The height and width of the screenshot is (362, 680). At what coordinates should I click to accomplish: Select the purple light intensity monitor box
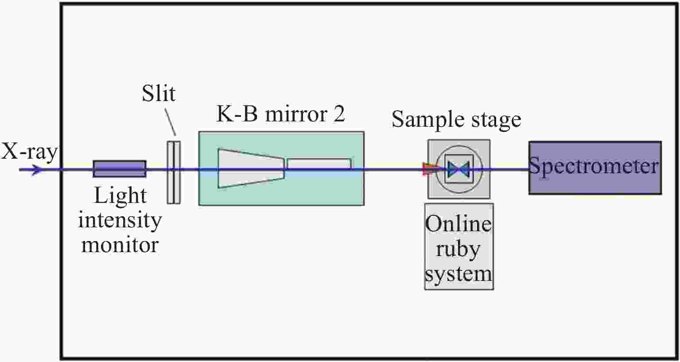119,169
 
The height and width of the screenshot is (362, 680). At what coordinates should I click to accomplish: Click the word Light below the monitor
120,196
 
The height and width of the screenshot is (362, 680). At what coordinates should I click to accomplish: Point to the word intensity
120,220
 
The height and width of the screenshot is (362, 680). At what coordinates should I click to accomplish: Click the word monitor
120,245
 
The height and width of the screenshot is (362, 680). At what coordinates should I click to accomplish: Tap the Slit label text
158,93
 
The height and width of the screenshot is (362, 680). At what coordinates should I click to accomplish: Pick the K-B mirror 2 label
280,114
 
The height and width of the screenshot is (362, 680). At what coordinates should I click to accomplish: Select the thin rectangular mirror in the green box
319,163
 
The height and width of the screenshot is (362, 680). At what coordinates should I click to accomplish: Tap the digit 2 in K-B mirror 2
338,114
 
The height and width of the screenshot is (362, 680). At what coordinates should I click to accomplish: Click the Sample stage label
456,120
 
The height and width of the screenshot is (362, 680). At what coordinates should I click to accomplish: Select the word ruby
458,249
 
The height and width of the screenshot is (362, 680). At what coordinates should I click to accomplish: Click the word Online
458,224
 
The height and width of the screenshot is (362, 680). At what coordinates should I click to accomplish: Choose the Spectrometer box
595,168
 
